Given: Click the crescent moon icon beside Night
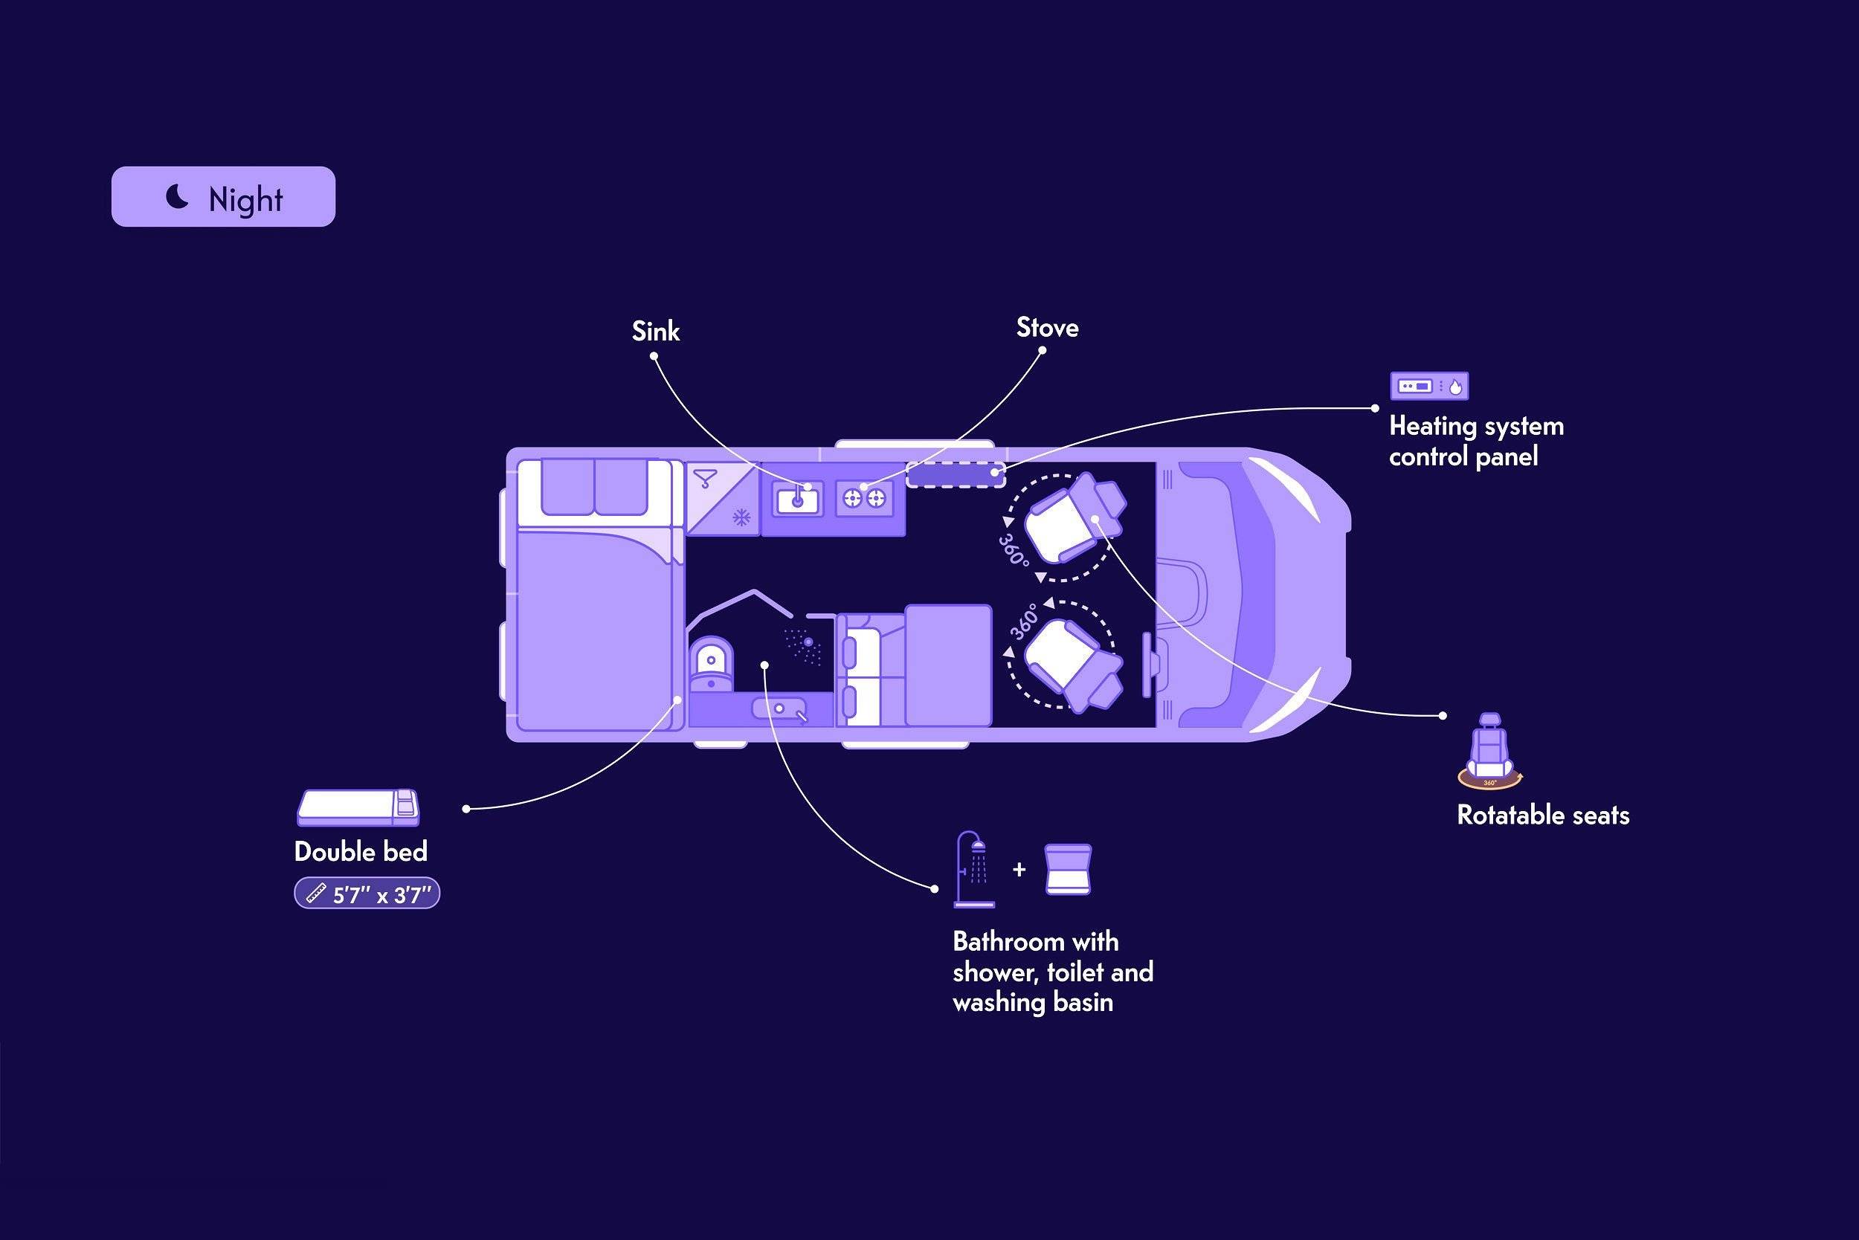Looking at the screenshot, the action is [x=176, y=196].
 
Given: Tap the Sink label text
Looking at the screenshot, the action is [x=656, y=332].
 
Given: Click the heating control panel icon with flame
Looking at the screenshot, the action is [x=1429, y=386].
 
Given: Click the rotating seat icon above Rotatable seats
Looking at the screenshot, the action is [x=1489, y=752].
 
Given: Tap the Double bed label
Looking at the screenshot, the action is [x=361, y=852].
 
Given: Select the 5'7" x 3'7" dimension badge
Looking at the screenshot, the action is [x=367, y=894].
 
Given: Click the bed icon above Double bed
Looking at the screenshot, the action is [x=358, y=807].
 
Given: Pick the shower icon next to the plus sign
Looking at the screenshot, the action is [x=974, y=869].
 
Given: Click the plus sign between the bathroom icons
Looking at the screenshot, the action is [x=1019, y=870].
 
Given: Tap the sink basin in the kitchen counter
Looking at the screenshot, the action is [x=797, y=499].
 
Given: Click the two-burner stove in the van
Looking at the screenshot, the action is [x=865, y=498].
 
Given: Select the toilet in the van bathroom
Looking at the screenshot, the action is [x=710, y=665].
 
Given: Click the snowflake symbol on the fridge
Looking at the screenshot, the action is [x=741, y=518].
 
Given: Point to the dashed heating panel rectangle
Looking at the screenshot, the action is [x=956, y=474].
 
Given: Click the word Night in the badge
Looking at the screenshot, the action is [x=245, y=199].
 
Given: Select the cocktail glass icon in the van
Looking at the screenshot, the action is [x=705, y=479].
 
